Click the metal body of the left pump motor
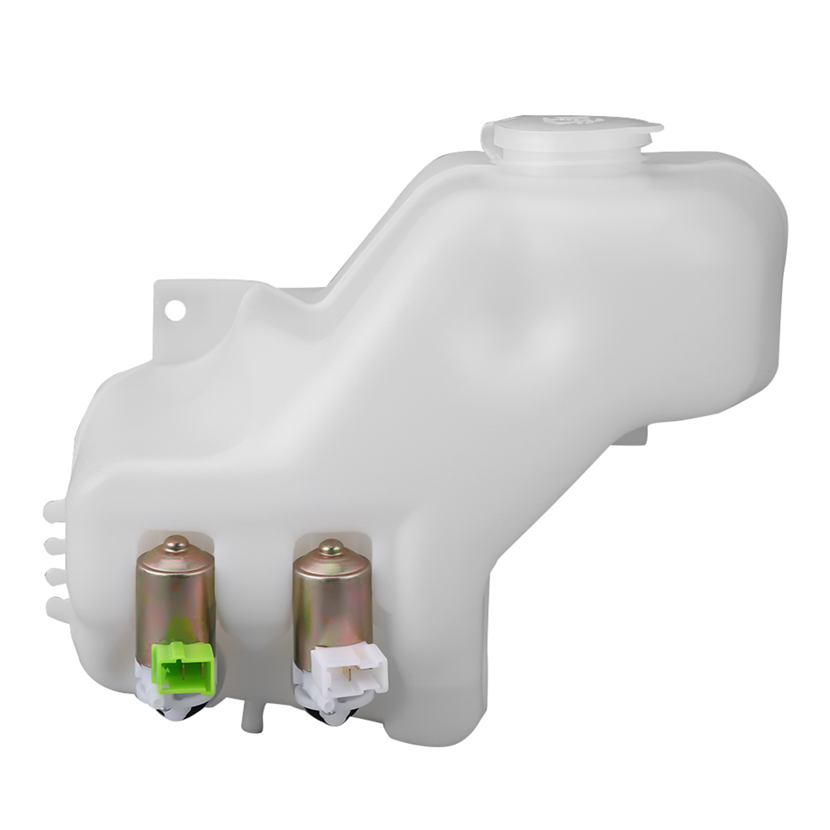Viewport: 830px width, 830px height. click(175, 596)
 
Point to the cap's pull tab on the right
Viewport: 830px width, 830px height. click(651, 130)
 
